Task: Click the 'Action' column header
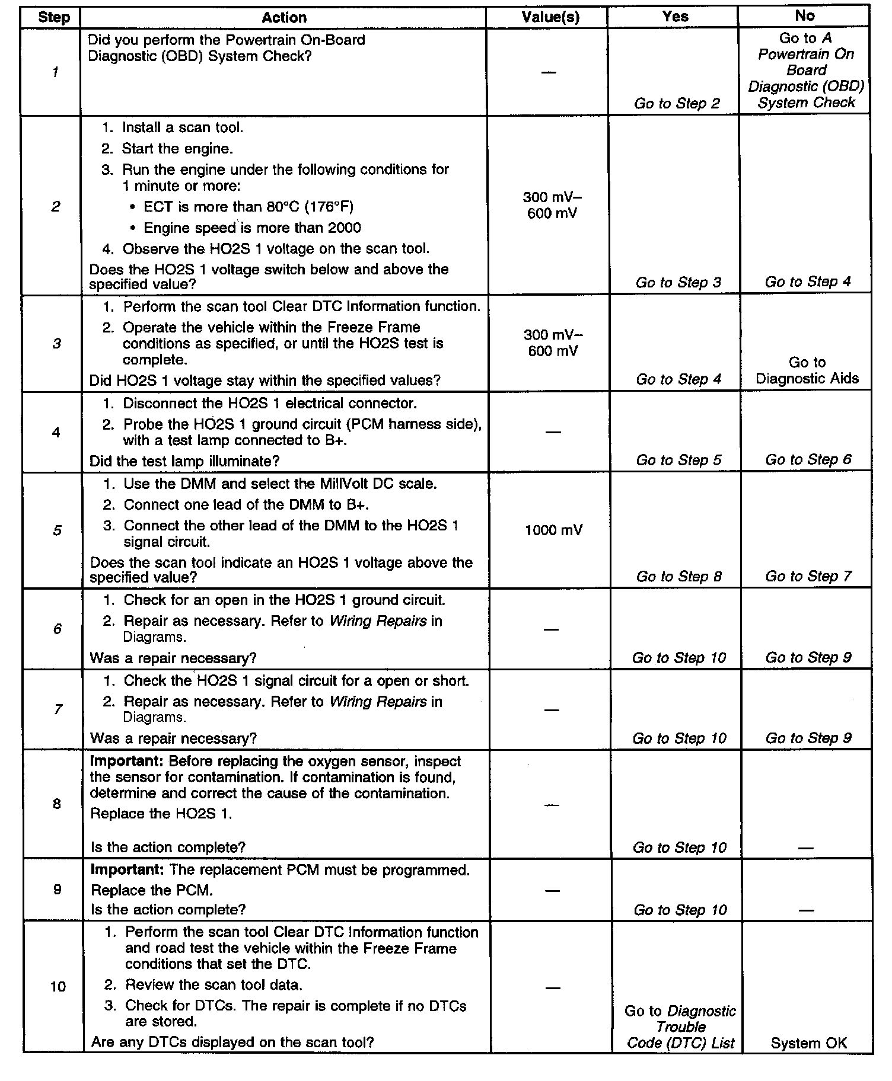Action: point(283,17)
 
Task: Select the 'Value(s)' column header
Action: point(550,17)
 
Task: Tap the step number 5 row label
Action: point(57,530)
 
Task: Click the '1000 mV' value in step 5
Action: point(553,530)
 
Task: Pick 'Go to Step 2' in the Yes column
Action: point(677,103)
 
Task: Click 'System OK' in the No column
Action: point(808,1043)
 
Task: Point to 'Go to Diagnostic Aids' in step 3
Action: point(807,370)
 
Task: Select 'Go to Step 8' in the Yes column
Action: point(678,576)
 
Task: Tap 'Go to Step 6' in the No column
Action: point(808,459)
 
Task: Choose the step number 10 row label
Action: point(58,986)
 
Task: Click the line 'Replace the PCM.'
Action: point(151,890)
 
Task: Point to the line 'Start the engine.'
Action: point(177,148)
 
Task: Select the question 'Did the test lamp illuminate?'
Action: point(184,460)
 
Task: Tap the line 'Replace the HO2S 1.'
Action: point(161,813)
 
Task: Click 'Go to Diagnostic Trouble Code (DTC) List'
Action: point(680,1027)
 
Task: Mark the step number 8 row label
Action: point(57,804)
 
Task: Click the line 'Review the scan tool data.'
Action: point(214,984)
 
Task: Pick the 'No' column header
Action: point(804,16)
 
